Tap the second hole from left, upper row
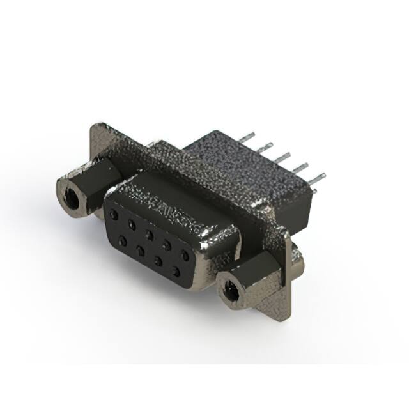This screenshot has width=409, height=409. [132, 224]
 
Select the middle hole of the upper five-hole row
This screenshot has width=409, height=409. [149, 235]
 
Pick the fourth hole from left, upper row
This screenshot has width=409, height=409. [167, 244]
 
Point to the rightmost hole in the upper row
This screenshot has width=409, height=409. [185, 255]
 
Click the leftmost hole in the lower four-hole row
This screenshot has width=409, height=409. [121, 240]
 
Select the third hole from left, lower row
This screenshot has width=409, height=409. [157, 260]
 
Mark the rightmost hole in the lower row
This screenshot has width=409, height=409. [175, 271]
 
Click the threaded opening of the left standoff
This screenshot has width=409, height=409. [72, 198]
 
